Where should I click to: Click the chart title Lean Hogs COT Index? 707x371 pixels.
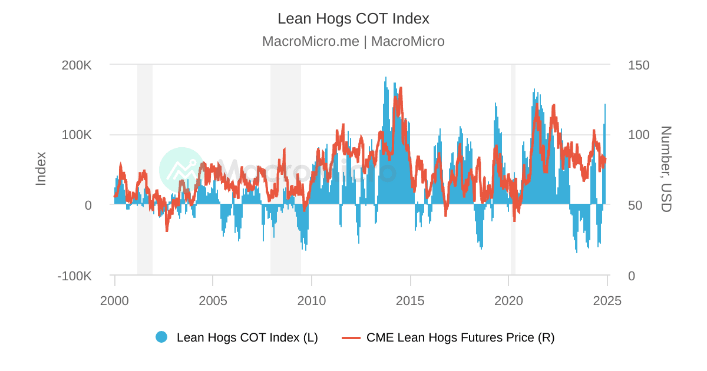tap(353, 18)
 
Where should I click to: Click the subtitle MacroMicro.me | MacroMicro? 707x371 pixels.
tap(353, 41)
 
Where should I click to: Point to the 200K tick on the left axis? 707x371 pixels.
tap(77, 65)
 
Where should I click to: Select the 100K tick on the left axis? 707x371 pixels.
tap(77, 135)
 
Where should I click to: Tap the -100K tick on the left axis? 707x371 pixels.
tap(74, 276)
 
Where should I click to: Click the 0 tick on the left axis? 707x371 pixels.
tap(88, 206)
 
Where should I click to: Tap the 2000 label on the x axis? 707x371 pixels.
tap(114, 300)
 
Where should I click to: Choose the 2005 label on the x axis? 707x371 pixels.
tap(213, 300)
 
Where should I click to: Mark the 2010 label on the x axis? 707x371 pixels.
tap(312, 300)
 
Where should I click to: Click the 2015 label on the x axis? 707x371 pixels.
tap(410, 300)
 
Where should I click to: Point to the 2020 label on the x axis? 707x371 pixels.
tap(508, 300)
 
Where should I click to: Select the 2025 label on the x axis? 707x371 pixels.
tap(607, 300)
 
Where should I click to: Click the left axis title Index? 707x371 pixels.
tap(41, 169)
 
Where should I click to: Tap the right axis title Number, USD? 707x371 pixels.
tap(666, 169)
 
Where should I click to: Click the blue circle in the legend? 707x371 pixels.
tap(161, 337)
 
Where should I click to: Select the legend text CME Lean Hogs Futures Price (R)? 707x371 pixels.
tap(460, 337)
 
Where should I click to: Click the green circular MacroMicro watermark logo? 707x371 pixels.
tap(181, 170)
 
